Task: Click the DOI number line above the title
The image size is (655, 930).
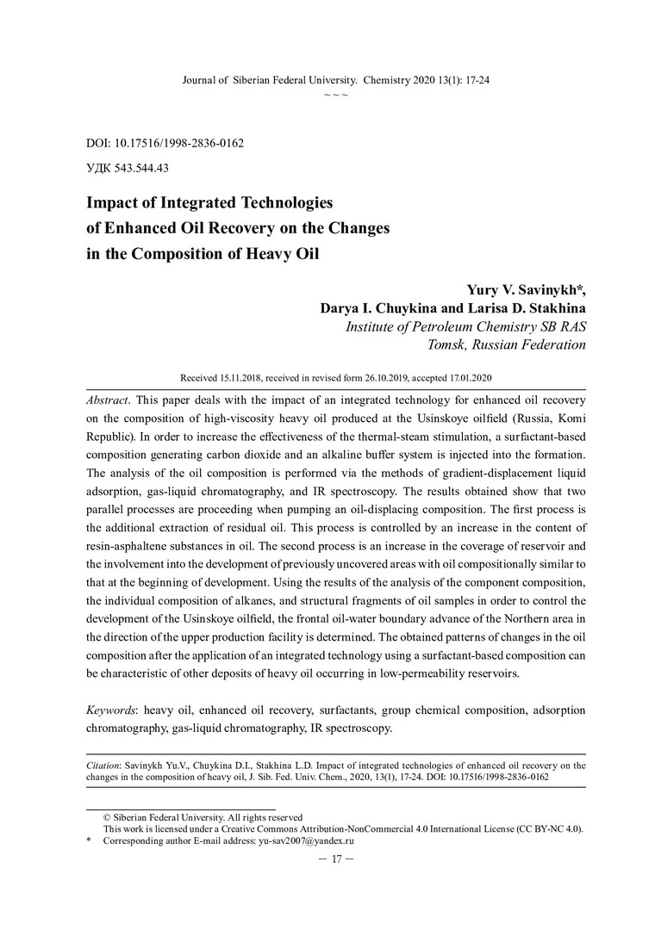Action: click(x=165, y=143)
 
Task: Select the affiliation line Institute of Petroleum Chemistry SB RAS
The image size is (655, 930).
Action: click(x=465, y=327)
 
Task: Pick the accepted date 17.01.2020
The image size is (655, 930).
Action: click(x=466, y=378)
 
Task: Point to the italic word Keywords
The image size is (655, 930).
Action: click(x=112, y=710)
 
